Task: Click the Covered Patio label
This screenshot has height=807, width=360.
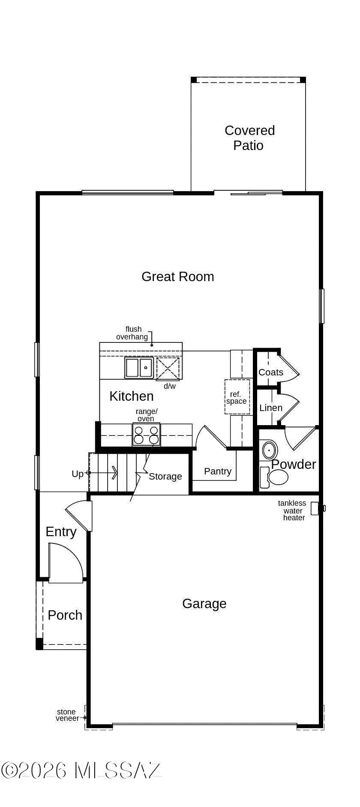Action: pyautogui.click(x=249, y=138)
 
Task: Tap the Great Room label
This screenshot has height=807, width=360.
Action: pyautogui.click(x=177, y=276)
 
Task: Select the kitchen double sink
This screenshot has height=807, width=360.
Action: pyautogui.click(x=139, y=368)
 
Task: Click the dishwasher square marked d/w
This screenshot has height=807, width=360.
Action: pyautogui.click(x=168, y=368)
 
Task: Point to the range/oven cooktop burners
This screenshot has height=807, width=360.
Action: pyautogui.click(x=146, y=435)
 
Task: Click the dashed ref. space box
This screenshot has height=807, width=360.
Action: pyautogui.click(x=237, y=397)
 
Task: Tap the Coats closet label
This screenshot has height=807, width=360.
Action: pyautogui.click(x=270, y=372)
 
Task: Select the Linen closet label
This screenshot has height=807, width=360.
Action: pyautogui.click(x=270, y=408)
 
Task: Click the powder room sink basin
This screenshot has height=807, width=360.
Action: pyautogui.click(x=270, y=450)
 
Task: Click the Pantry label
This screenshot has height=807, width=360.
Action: pyautogui.click(x=217, y=471)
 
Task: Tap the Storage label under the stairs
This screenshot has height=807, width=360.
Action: pyautogui.click(x=165, y=476)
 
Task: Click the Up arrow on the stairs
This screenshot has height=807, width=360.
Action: pyautogui.click(x=103, y=473)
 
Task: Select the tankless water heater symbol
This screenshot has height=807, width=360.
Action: pyautogui.click(x=315, y=508)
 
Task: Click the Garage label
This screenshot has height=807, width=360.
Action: pyautogui.click(x=204, y=603)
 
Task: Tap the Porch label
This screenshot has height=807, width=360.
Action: pyautogui.click(x=65, y=615)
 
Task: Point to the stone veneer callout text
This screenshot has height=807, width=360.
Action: pyautogui.click(x=67, y=715)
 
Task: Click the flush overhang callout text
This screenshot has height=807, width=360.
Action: pyautogui.click(x=132, y=333)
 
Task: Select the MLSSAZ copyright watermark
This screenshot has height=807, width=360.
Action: pyautogui.click(x=81, y=770)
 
